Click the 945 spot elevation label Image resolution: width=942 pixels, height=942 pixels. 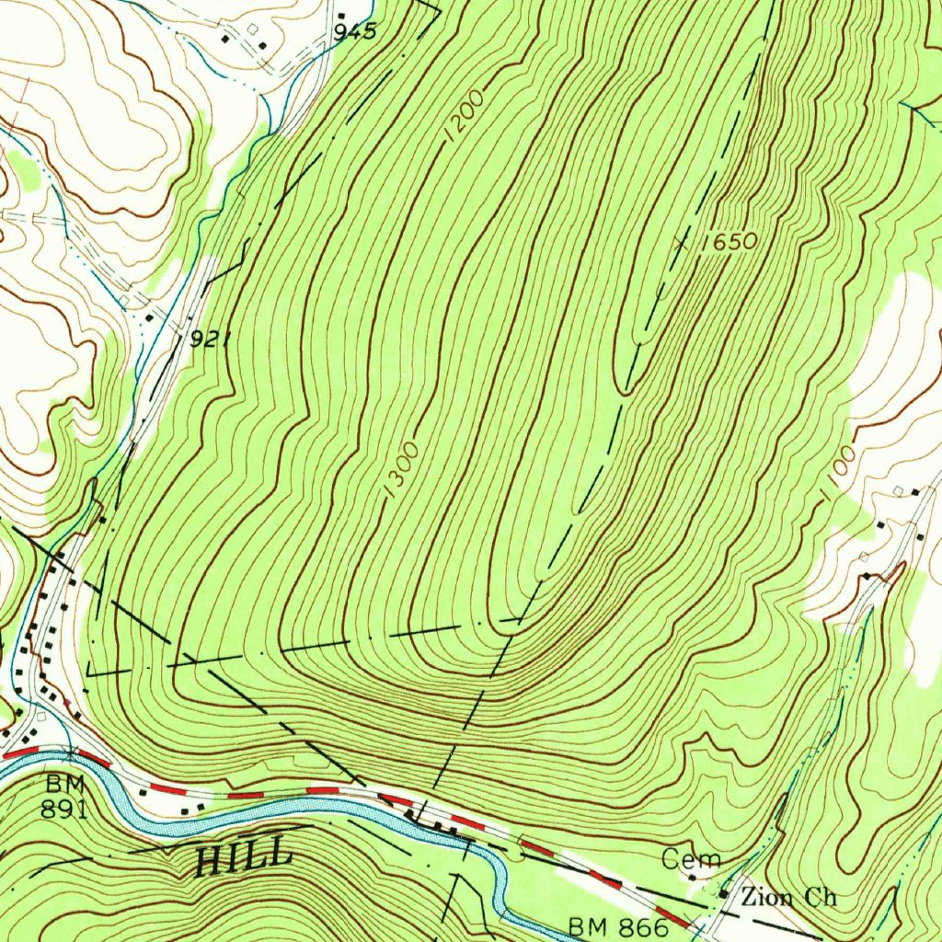pyautogui.click(x=355, y=32)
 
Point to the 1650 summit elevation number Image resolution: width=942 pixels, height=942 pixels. pyautogui.click(x=728, y=243)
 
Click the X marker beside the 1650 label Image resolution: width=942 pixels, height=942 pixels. pyautogui.click(x=681, y=243)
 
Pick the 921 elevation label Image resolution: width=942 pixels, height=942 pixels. pyautogui.click(x=210, y=339)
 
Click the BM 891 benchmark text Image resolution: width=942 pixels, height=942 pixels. pyautogui.click(x=64, y=797)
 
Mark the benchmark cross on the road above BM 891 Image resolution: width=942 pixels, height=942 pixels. pyautogui.click(x=70, y=752)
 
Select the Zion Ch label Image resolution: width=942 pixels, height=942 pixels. pyautogui.click(x=788, y=897)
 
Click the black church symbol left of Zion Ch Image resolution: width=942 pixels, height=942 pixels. pyautogui.click(x=724, y=893)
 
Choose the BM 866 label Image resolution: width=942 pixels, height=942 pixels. pyautogui.click(x=617, y=926)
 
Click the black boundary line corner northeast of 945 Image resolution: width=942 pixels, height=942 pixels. pyautogui.click(x=440, y=13)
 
